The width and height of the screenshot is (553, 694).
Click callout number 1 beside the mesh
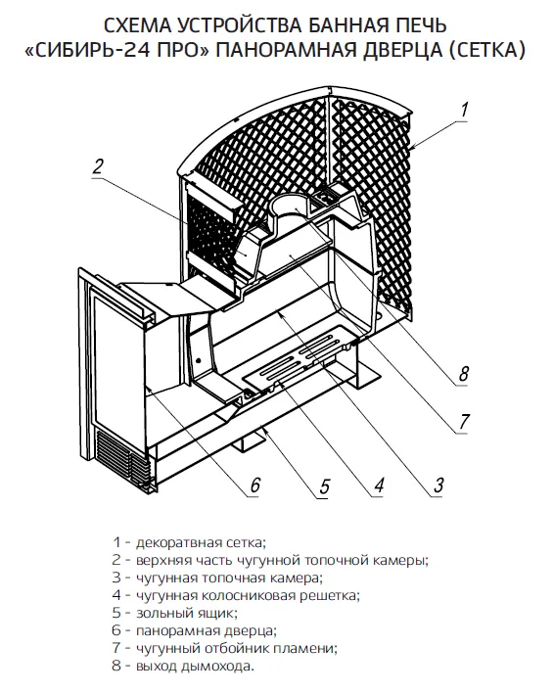(463, 109)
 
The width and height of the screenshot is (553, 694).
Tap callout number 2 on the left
(98, 166)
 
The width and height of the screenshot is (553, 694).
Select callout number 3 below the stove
(438, 486)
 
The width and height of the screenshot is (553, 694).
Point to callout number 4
(379, 486)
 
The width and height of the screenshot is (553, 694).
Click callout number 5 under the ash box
(325, 486)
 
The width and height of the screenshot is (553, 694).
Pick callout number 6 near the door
(254, 486)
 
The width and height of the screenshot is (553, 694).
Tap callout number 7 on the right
(463, 421)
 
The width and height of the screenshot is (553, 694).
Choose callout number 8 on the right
(463, 374)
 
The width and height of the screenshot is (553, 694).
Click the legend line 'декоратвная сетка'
(189, 542)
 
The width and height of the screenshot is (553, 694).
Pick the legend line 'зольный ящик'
(175, 613)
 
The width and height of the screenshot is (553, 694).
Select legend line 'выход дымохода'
(183, 666)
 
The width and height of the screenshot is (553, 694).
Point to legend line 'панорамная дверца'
(194, 630)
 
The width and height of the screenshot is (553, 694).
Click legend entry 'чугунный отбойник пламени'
(225, 648)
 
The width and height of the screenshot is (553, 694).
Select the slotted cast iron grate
(297, 357)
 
